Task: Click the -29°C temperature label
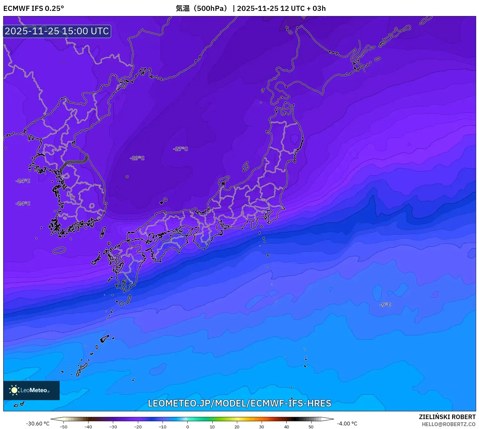[137, 158]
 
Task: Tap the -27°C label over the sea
[180, 149]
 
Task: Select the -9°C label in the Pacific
[385, 305]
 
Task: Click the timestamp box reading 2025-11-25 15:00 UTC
[57, 31]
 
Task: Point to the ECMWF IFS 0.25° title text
[34, 8]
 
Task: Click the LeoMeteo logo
[31, 390]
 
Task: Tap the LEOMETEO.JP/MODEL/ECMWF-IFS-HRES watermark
[239, 403]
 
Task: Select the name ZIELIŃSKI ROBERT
[447, 417]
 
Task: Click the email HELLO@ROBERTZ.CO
[448, 424]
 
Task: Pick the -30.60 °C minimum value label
[38, 424]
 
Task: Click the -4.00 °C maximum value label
[347, 424]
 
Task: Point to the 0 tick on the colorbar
[188, 426]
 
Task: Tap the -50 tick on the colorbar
[63, 426]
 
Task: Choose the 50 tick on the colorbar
[311, 426]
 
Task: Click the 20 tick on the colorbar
[237, 426]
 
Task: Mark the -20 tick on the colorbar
[138, 426]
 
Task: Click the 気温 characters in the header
[183, 8]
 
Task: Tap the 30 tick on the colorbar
[262, 426]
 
